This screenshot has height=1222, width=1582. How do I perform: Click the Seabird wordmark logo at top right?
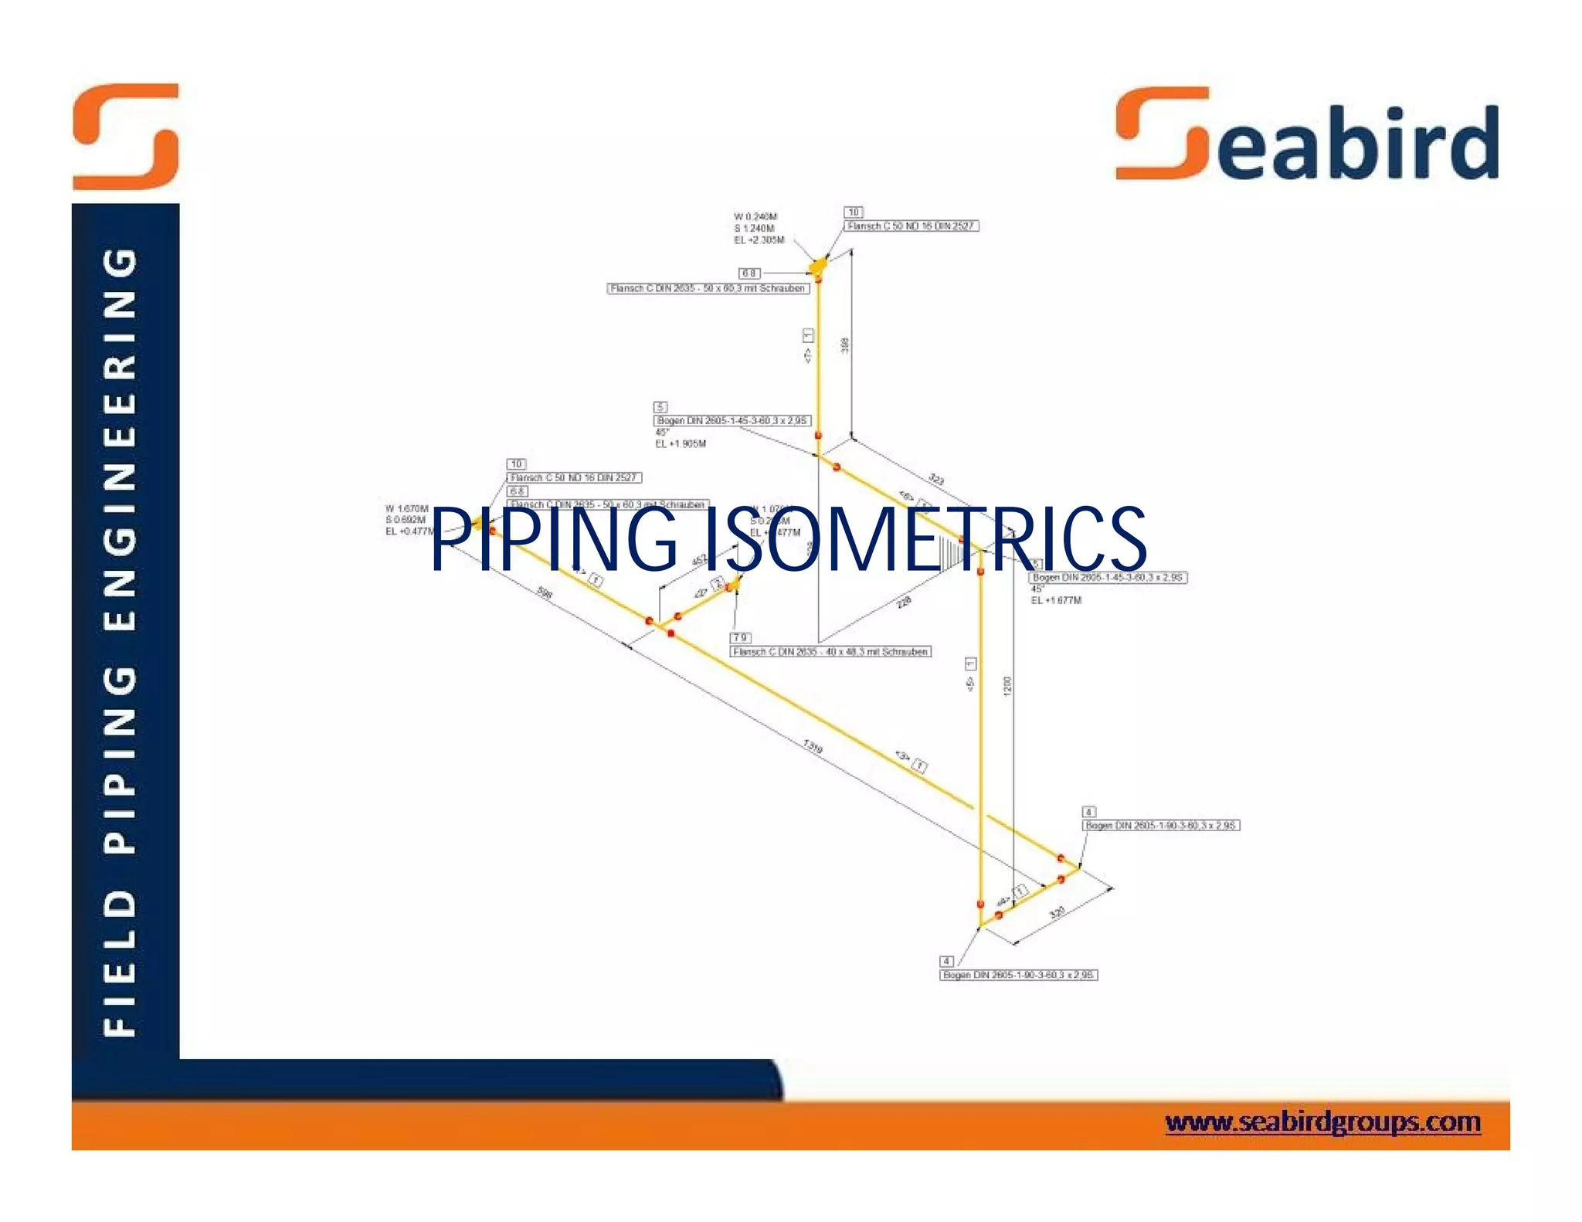[x=1307, y=136]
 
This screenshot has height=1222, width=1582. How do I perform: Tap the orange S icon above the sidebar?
[x=126, y=137]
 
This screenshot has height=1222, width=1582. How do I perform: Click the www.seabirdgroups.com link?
[x=1322, y=1122]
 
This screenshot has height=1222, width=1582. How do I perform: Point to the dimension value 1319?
[x=813, y=746]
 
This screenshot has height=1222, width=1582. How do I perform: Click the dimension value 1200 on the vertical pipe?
[x=1007, y=686]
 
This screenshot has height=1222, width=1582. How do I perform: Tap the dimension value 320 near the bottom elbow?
[x=1057, y=912]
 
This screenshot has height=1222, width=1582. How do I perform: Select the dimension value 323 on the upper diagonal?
[x=935, y=480]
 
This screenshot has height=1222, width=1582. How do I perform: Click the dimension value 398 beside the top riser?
[x=845, y=345]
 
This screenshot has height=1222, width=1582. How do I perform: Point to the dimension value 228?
[x=905, y=602]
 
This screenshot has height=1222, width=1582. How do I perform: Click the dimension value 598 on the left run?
[x=545, y=593]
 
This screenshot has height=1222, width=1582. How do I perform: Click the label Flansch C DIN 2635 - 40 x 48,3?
[x=830, y=652]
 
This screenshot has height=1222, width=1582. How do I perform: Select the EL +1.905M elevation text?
[x=681, y=444]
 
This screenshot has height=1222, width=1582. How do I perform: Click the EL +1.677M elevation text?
[x=1056, y=600]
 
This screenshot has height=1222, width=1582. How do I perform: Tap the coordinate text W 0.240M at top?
[x=755, y=217]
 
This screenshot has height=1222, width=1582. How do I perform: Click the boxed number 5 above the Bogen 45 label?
[x=660, y=407]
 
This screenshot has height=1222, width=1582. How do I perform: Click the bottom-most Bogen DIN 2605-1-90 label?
[x=1018, y=975]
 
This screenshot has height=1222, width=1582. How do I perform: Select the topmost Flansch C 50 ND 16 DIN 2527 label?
[x=911, y=226]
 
